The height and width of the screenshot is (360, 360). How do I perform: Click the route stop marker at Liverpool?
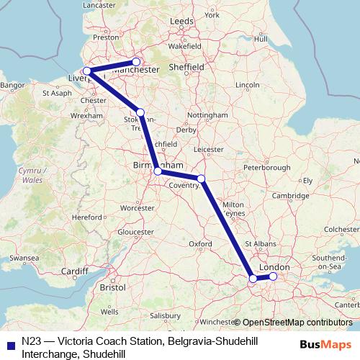point(87,71)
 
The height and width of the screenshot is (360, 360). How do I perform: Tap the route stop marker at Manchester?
point(136,62)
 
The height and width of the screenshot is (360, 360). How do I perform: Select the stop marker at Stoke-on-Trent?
point(140,112)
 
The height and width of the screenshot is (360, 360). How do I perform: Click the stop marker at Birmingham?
point(158,171)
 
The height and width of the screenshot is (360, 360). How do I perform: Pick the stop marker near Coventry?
point(202,179)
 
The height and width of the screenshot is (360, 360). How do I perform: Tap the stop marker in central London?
point(273,276)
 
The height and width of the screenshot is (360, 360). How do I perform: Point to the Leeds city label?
point(181,22)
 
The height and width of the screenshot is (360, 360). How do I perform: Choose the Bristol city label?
point(113,287)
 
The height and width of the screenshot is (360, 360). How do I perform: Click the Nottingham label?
point(207,115)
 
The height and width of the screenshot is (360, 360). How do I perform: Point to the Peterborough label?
point(267,167)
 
